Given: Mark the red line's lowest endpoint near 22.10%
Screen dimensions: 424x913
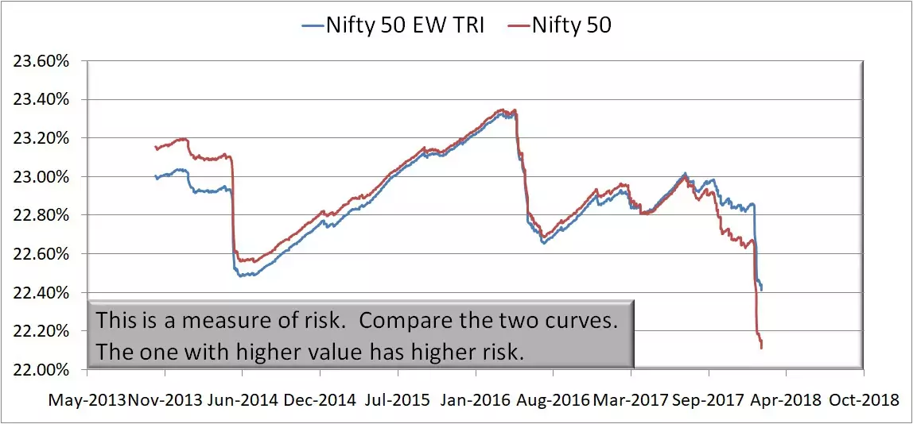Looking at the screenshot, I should (761, 348).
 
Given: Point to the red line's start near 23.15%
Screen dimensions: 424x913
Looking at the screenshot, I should (156, 148).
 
